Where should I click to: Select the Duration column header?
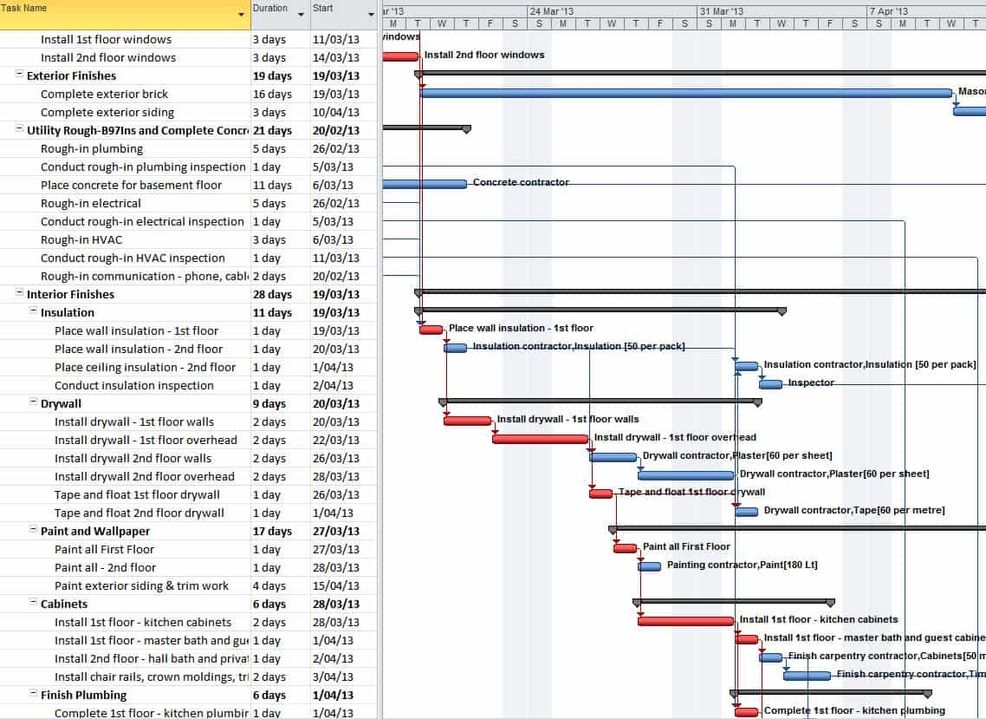click(x=269, y=9)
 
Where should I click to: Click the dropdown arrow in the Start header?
click(x=370, y=15)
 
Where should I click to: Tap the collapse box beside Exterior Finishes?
click(x=19, y=75)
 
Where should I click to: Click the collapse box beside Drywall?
click(x=33, y=403)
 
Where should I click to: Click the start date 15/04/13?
click(x=334, y=585)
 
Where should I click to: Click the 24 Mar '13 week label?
click(x=551, y=11)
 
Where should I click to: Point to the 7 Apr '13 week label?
click(x=892, y=11)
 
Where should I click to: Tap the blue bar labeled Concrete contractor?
click(x=424, y=184)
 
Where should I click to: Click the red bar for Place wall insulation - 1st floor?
click(x=431, y=330)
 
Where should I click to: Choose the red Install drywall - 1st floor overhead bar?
click(x=540, y=439)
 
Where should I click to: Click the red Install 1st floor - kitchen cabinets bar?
click(x=685, y=621)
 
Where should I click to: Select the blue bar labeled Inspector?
click(x=770, y=384)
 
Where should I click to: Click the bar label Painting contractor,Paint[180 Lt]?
click(x=742, y=565)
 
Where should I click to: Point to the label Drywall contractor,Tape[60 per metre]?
click(x=853, y=510)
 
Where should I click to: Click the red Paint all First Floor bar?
click(x=625, y=548)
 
